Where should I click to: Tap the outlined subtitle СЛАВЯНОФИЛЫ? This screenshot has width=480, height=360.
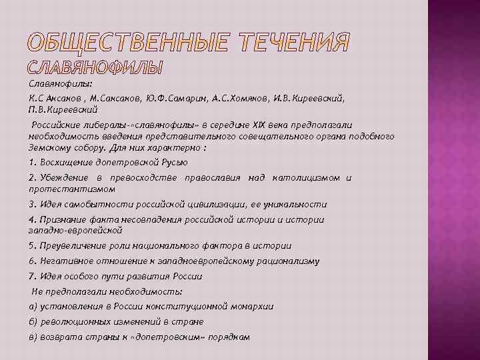point(96,68)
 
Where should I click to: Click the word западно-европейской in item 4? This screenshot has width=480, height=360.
point(75,230)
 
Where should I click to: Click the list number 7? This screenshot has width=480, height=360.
point(31,276)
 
